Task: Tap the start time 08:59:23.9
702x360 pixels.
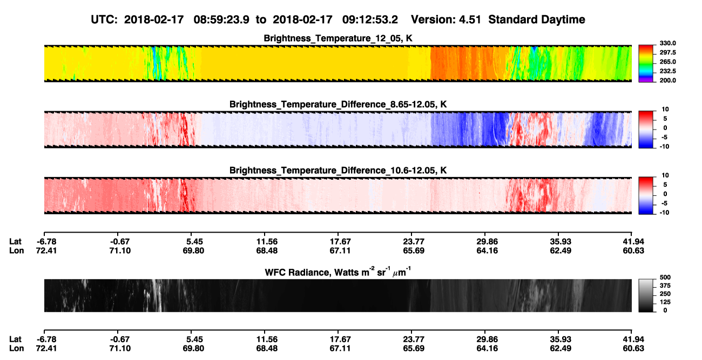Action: click(x=221, y=19)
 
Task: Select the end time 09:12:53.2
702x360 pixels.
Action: click(x=370, y=19)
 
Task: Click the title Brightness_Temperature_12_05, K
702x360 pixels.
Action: click(x=338, y=38)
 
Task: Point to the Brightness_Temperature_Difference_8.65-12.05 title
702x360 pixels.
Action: click(x=338, y=104)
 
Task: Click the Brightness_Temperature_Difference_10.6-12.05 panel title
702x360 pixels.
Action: click(x=338, y=171)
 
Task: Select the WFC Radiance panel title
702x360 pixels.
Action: click(x=338, y=272)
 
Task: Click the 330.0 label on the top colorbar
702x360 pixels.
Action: click(x=667, y=43)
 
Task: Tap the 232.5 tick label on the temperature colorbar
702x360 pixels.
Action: click(x=667, y=71)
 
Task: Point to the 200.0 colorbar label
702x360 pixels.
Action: click(x=667, y=80)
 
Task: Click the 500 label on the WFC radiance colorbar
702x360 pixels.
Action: click(x=665, y=277)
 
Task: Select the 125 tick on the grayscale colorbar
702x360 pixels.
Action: click(x=665, y=302)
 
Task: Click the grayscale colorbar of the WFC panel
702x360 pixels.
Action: click(x=646, y=295)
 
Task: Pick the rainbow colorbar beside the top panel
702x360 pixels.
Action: click(x=646, y=64)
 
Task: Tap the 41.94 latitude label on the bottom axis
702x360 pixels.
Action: click(x=633, y=339)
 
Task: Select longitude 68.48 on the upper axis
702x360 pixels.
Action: click(x=267, y=250)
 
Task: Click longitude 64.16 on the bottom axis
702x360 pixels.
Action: click(x=487, y=349)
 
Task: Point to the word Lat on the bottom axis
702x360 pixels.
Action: click(x=15, y=339)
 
